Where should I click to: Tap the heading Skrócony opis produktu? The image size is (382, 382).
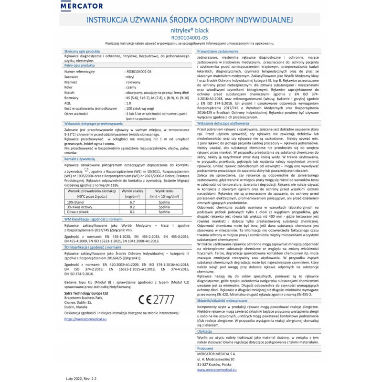click(82, 51)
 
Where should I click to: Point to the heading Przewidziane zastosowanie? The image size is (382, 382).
click(218, 50)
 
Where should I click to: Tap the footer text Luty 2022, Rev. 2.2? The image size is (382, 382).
click(84, 377)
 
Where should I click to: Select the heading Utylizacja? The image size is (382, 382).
click(205, 330)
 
